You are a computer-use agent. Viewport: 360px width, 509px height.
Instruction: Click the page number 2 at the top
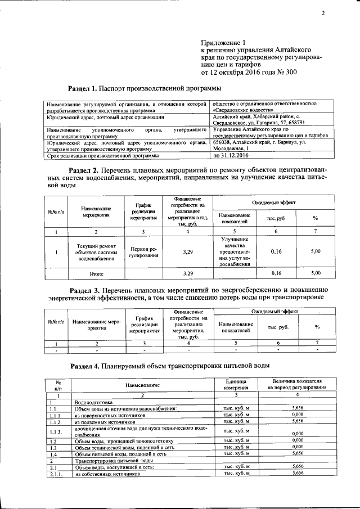click(323, 13)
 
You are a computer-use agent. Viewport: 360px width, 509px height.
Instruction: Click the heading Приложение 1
click(223, 42)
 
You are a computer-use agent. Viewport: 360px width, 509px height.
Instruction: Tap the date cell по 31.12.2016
click(231, 155)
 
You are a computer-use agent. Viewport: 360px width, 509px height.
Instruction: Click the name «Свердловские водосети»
click(241, 111)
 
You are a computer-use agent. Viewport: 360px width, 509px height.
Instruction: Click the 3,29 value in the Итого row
click(188, 273)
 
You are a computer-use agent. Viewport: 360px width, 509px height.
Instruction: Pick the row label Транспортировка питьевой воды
click(108, 461)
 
